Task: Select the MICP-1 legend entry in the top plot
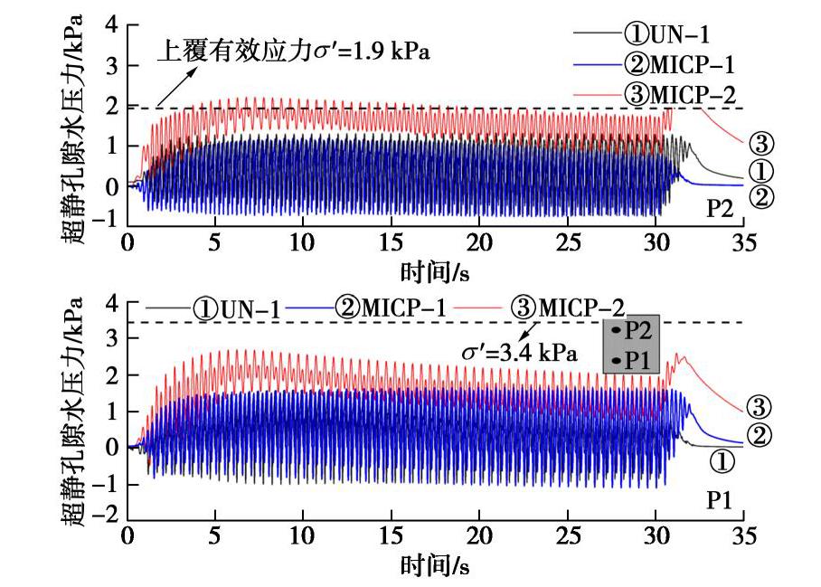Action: point(679,64)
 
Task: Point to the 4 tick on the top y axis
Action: point(112,24)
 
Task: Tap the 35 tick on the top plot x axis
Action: point(742,243)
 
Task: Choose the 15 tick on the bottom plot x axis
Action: point(391,535)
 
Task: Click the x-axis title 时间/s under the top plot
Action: point(435,270)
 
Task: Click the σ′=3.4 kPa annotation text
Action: point(524,354)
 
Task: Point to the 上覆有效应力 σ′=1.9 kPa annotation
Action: point(294,52)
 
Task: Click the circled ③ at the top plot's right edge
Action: point(761,143)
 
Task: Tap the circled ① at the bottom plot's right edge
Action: point(722,463)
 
